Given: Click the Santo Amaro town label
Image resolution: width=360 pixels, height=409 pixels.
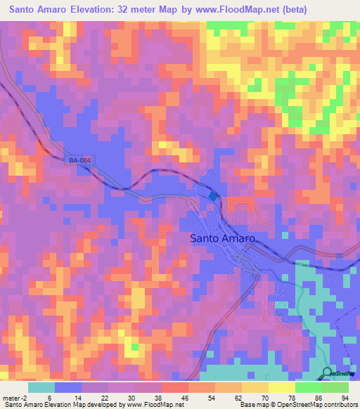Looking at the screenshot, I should pyautogui.click(x=222, y=238).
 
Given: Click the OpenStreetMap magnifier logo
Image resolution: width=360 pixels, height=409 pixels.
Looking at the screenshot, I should pyautogui.click(x=328, y=372).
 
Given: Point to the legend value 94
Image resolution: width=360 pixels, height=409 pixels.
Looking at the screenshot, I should pyautogui.click(x=345, y=397).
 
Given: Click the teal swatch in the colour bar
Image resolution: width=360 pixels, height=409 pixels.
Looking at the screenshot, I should pyautogui.click(x=41, y=387).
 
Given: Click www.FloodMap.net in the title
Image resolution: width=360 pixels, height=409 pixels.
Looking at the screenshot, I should pyautogui.click(x=240, y=10).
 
